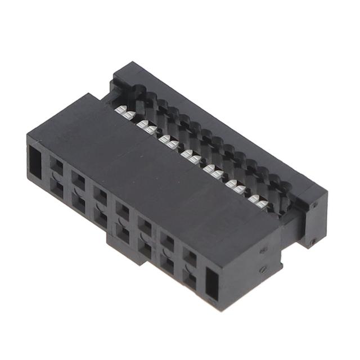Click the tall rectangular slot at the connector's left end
point(35,162)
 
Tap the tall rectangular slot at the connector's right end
point(211,284)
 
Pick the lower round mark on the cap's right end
point(313,242)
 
